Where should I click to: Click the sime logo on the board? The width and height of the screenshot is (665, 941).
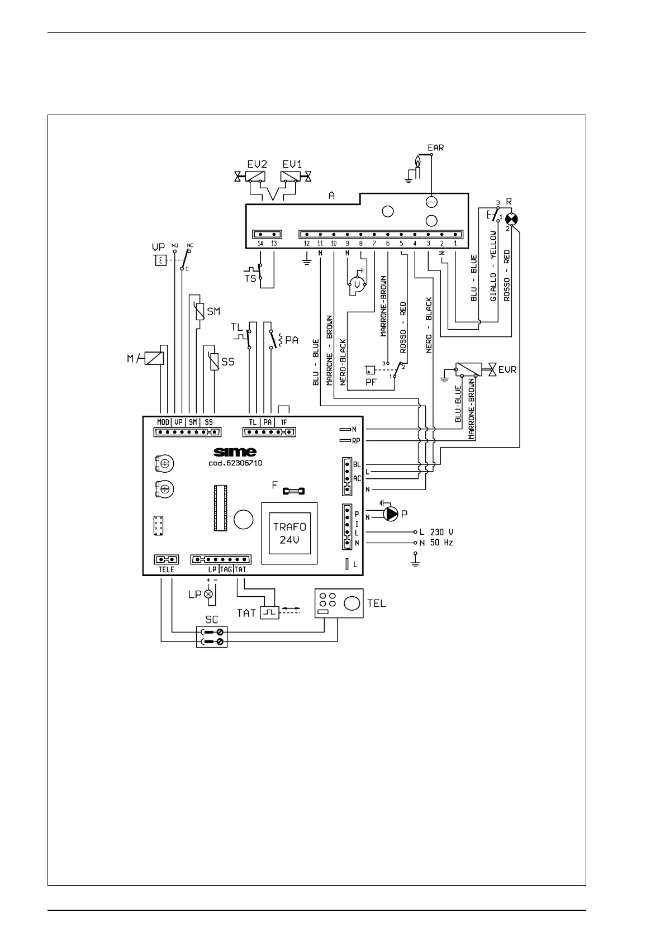coord(235,452)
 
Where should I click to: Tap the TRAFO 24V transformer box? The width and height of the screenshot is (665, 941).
coord(289,534)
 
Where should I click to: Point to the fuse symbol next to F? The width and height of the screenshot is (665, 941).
coord(293,492)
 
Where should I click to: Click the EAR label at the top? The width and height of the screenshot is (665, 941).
coord(435,148)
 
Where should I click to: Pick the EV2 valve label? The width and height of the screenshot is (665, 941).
coord(256,164)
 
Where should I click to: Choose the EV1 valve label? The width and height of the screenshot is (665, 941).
coord(292,164)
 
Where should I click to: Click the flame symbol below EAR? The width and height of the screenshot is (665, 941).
coord(416,163)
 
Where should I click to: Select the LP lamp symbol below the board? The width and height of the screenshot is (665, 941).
coord(209,595)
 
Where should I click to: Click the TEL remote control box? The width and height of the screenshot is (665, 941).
coord(339,603)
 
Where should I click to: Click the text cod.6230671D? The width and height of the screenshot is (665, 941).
coord(231,463)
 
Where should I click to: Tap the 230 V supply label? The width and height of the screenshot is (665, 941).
coord(441,533)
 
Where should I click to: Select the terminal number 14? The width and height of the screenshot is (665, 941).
coord(260,244)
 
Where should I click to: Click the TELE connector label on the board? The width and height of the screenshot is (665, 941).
coord(166,569)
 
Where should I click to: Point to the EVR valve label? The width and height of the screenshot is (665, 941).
coord(507,369)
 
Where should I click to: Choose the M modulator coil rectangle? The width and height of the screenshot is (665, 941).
coord(154,357)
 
